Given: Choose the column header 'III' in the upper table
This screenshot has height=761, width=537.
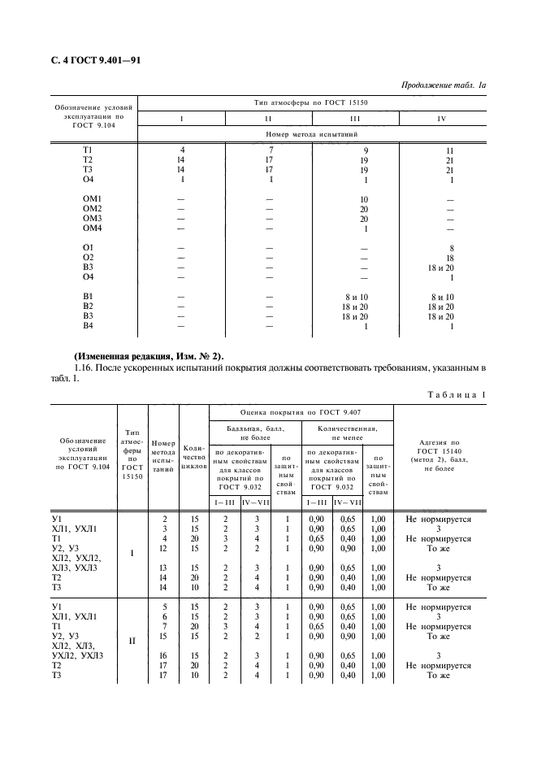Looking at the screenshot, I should [x=355, y=119].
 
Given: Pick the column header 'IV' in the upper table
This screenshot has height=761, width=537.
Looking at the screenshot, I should [x=441, y=119].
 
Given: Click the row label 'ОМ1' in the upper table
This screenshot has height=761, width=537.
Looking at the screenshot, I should [x=91, y=199].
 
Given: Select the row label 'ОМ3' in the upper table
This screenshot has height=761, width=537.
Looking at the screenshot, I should [x=91, y=219].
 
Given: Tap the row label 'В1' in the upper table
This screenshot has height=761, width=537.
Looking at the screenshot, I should [x=89, y=297].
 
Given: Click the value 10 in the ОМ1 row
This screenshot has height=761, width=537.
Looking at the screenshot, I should [x=364, y=199].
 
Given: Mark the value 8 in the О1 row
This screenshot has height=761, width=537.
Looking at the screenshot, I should [x=449, y=248].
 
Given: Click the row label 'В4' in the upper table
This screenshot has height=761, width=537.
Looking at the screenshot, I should [x=89, y=326].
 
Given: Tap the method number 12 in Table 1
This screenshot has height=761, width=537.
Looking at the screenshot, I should [x=163, y=547].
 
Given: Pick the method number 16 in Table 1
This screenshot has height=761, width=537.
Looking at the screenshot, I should [x=163, y=654].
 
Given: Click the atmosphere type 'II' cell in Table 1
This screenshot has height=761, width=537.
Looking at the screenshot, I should [x=132, y=641].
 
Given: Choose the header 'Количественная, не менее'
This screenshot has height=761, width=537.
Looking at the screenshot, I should [x=347, y=432].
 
